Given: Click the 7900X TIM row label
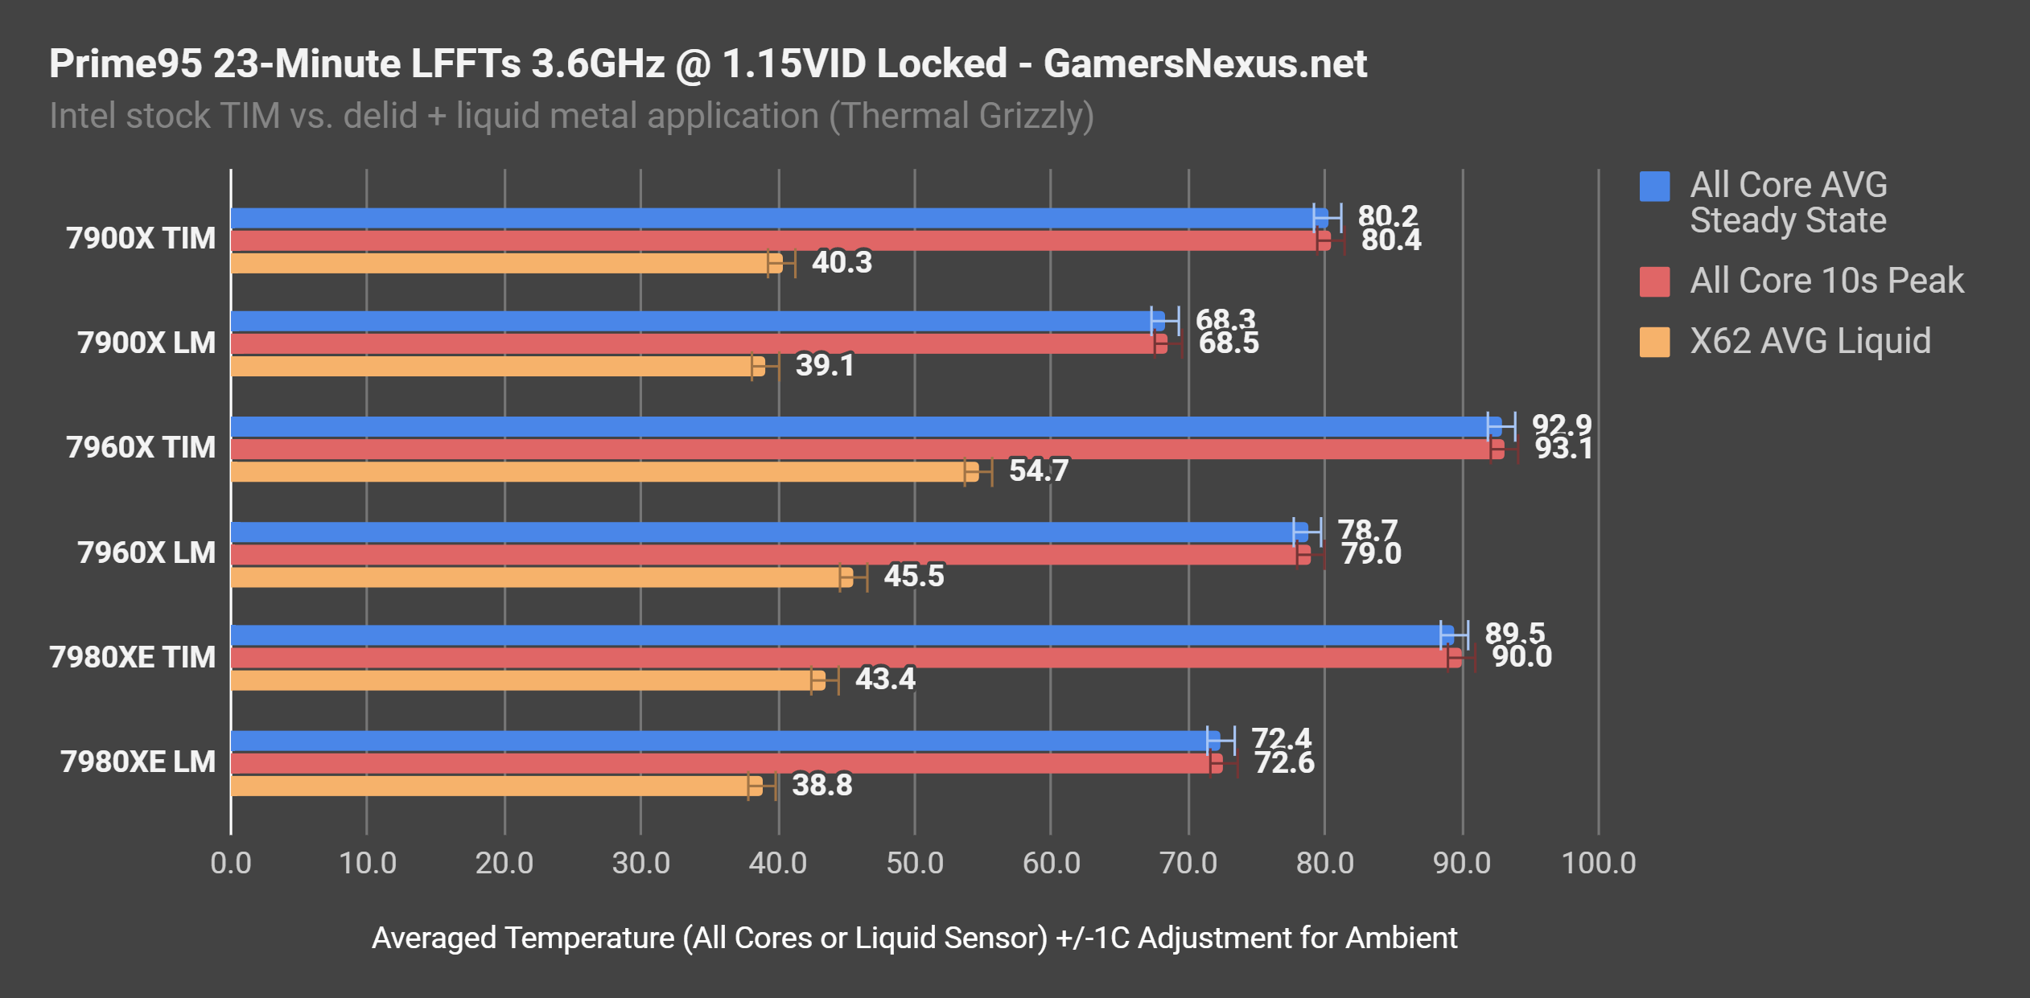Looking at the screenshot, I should [141, 239].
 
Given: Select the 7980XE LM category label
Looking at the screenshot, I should [138, 762].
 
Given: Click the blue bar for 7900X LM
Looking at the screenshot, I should [692, 321].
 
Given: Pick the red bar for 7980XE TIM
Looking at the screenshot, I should [837, 658].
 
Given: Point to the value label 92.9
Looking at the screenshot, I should [1561, 425].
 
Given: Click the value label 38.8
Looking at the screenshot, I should [821, 785].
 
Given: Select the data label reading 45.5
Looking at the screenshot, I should [913, 576].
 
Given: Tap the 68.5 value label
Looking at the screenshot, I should [1228, 343].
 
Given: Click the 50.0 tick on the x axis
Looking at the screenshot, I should [914, 863].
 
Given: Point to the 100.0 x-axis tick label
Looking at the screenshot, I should [1598, 863].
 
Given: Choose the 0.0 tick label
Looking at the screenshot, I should [231, 863].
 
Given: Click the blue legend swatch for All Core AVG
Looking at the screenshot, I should [1654, 187].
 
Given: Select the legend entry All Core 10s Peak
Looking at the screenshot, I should [1826, 281].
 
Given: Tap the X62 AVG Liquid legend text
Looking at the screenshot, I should [1810, 341].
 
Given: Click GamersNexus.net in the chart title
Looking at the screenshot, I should [1204, 64].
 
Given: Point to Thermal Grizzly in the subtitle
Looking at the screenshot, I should [961, 116].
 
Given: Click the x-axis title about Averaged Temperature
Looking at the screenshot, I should [914, 938].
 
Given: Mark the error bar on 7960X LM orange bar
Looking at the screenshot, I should [854, 577].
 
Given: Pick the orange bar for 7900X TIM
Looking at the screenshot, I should [499, 263].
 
